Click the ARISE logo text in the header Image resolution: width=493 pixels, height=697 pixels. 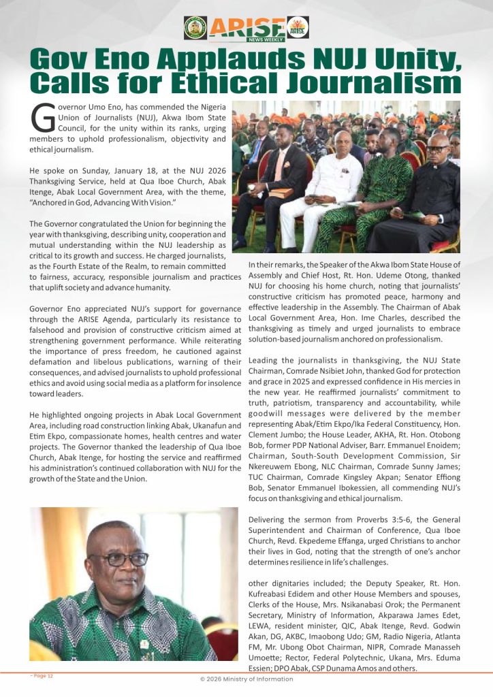[x=246, y=28]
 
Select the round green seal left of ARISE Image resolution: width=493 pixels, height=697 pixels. [x=195, y=28]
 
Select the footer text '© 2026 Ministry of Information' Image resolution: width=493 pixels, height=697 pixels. [x=246, y=679]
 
